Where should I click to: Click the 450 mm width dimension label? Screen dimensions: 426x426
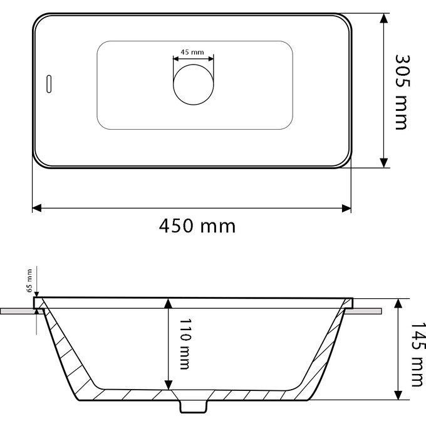[197, 225]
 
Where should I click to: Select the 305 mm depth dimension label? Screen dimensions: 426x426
[402, 91]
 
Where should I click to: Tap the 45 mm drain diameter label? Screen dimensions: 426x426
[192, 52]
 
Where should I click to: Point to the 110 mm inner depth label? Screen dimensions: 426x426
[184, 344]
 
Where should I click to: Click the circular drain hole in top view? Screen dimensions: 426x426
[194, 83]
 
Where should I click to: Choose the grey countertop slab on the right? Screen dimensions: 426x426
[368, 310]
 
